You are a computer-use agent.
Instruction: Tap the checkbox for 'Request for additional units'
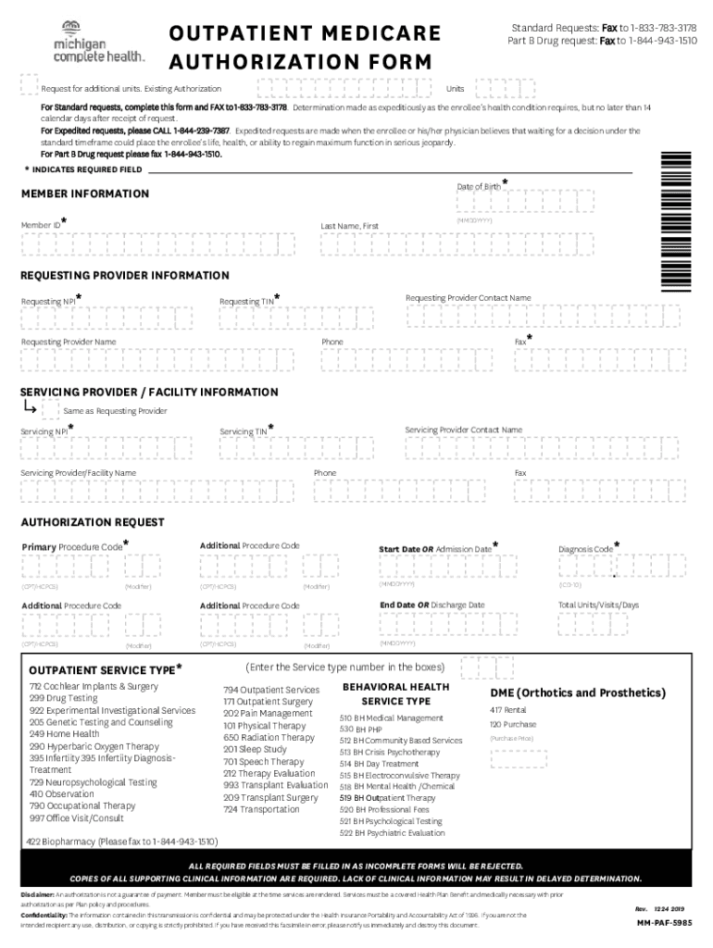pos(29,85)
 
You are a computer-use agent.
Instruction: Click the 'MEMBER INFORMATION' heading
pos(85,193)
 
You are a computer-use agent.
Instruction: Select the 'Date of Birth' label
pos(479,187)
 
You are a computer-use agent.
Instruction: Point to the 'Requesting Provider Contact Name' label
pos(468,298)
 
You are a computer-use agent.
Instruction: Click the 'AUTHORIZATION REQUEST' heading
pos(93,522)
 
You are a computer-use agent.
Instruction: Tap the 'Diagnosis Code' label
pos(585,549)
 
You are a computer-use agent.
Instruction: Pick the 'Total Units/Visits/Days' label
pos(598,605)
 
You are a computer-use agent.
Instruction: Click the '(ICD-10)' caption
pos(569,586)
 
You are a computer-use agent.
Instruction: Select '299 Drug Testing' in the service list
pos(63,698)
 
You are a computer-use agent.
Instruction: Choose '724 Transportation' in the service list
pos(261,809)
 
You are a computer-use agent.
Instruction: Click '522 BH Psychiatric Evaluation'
pos(392,833)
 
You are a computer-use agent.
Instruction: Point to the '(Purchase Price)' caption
pos(512,739)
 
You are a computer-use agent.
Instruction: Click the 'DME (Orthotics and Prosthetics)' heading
pos(578,692)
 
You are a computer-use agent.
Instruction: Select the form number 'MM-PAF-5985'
pos(662,923)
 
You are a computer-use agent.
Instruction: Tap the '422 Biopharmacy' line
pos(122,842)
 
